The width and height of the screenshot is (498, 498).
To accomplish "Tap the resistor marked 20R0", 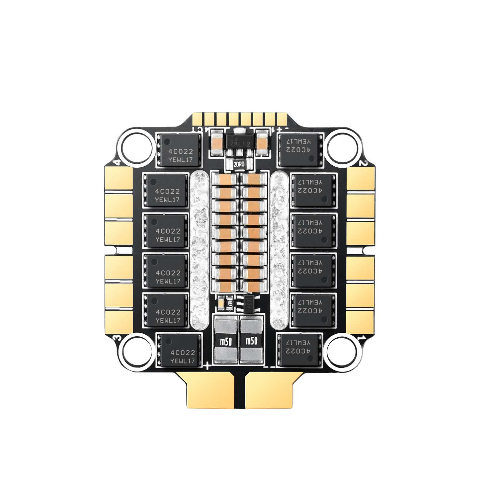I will click(239, 164).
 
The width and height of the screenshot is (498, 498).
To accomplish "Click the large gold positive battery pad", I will click(207, 388).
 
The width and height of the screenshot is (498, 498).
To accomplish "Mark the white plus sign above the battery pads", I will click(207, 366).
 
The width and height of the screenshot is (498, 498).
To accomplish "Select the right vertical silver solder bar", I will click(279, 249).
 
